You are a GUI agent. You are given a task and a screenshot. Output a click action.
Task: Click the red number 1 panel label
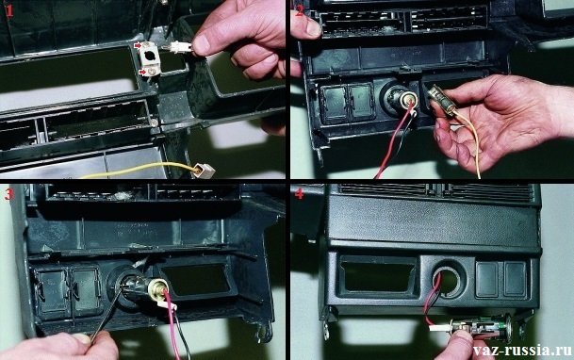(x=9, y=11)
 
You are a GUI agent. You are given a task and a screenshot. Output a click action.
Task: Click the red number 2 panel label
(x=300, y=11)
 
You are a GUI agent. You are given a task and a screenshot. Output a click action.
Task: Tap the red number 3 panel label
(x=8, y=195)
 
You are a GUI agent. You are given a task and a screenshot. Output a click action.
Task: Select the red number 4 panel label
(x=299, y=194)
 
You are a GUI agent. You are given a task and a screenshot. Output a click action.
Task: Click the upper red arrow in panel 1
(x=139, y=46)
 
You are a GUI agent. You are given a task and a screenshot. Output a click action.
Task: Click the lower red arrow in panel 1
(x=142, y=73)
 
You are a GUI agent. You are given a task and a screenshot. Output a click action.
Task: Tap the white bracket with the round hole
(x=151, y=58)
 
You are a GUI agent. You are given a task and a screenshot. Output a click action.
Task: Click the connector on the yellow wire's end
(x=205, y=171)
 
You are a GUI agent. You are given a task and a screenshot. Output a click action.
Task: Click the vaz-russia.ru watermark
(x=522, y=351)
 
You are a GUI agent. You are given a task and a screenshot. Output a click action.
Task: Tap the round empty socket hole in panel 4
(x=448, y=281)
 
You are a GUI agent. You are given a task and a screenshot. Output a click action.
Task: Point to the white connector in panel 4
(x=439, y=327)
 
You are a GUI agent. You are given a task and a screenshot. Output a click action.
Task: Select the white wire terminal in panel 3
(x=167, y=304)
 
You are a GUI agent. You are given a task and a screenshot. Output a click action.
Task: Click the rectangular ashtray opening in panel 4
(x=378, y=276)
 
